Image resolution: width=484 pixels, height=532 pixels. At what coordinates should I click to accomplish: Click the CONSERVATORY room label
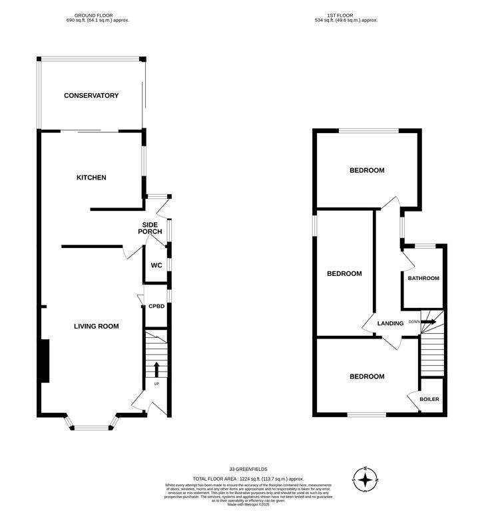[x=91, y=96]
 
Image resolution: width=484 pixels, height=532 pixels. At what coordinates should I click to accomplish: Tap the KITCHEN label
[x=91, y=178]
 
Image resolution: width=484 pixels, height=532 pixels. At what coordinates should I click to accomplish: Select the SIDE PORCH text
[x=150, y=227]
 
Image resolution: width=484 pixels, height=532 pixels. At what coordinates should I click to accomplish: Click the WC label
[x=156, y=265]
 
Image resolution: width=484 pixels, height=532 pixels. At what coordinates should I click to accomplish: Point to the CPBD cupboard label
[x=156, y=307]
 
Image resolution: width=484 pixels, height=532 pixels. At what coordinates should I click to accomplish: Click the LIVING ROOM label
[x=96, y=326]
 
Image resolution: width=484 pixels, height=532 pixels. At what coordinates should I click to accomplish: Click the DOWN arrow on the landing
[x=427, y=322]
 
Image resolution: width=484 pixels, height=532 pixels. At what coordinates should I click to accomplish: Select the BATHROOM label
[x=423, y=278]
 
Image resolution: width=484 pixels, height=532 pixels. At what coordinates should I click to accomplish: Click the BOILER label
[x=429, y=399]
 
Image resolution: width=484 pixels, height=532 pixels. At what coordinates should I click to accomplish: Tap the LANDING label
[x=390, y=324]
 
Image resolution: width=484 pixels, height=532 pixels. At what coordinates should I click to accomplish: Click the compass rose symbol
[x=365, y=479]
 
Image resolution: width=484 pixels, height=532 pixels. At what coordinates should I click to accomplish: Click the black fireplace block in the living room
[x=45, y=360]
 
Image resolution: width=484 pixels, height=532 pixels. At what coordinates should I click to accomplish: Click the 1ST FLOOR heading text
[x=346, y=15]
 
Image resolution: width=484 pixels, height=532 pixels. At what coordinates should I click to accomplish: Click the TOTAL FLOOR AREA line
[x=248, y=479]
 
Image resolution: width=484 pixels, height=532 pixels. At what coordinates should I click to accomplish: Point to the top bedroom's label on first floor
[x=367, y=170]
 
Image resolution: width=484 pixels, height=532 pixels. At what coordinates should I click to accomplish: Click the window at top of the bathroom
[x=425, y=246]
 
